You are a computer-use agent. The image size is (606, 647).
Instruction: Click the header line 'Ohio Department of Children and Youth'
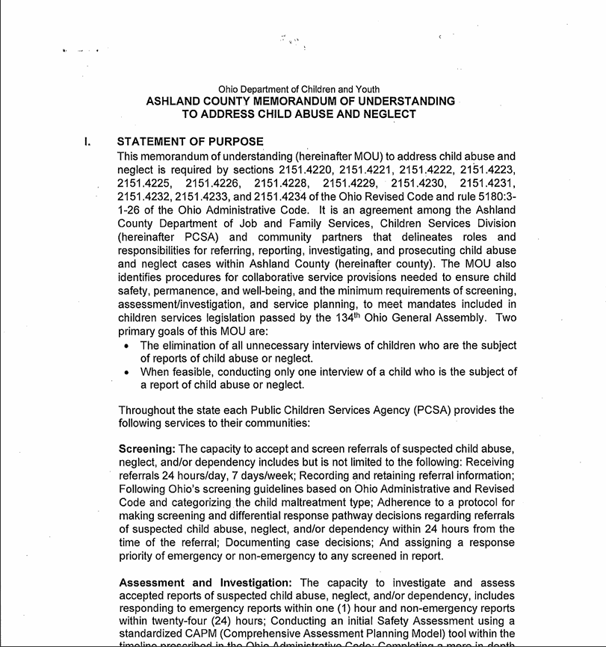(x=299, y=90)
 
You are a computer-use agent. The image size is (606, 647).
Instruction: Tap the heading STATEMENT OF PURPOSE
(x=190, y=142)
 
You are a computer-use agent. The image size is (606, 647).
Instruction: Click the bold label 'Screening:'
(x=147, y=449)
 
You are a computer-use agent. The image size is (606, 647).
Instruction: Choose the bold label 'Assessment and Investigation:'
(x=206, y=583)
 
